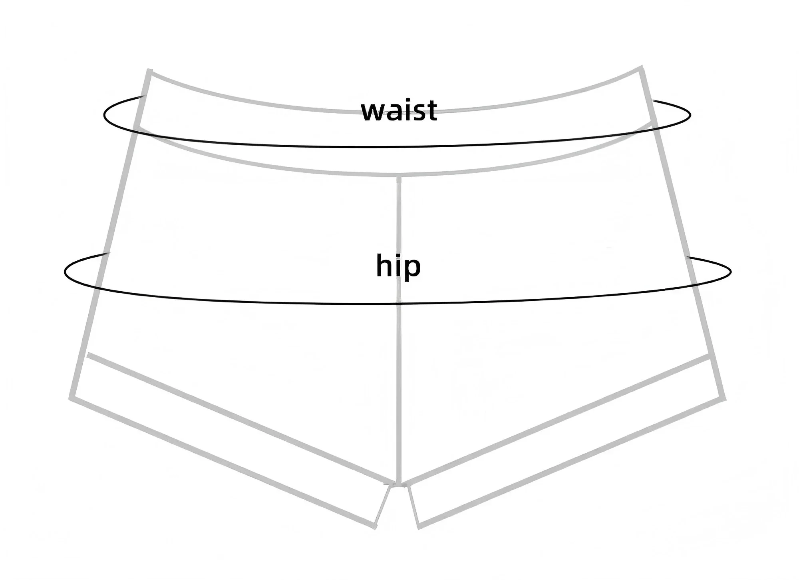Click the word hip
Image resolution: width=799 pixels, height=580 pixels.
[x=398, y=266]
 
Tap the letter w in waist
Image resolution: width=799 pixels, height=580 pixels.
[x=373, y=113]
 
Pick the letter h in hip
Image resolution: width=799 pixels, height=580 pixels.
[x=384, y=265]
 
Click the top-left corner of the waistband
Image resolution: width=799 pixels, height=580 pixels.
[x=149, y=70]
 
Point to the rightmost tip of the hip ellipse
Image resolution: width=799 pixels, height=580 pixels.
[x=731, y=272]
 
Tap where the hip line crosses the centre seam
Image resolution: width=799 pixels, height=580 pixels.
[x=399, y=303]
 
